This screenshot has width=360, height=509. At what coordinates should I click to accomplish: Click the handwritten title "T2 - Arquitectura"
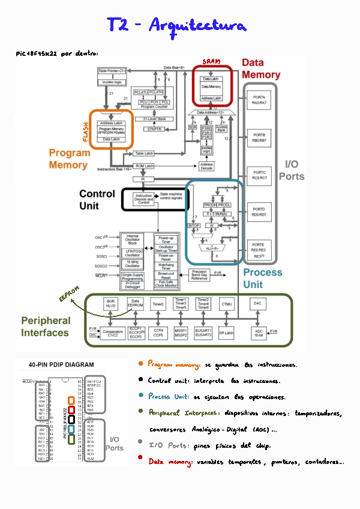click(x=176, y=26)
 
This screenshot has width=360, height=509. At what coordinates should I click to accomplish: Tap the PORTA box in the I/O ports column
click(x=259, y=100)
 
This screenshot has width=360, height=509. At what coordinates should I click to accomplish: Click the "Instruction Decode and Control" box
click(x=144, y=199)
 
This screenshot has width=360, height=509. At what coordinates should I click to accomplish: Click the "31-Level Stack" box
click(x=154, y=119)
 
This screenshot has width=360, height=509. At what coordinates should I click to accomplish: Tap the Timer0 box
click(x=158, y=304)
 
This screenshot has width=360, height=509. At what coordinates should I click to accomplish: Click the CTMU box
click(x=226, y=304)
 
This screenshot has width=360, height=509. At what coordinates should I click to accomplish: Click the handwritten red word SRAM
click(x=211, y=62)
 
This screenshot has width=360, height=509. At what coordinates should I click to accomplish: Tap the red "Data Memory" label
click(x=261, y=69)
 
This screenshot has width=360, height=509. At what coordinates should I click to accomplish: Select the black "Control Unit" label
click(x=97, y=199)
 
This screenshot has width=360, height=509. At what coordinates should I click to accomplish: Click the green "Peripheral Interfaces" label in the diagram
click(x=46, y=327)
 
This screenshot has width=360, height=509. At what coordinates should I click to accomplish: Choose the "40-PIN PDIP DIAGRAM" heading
click(x=61, y=364)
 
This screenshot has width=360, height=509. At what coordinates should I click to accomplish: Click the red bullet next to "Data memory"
click(x=140, y=461)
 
